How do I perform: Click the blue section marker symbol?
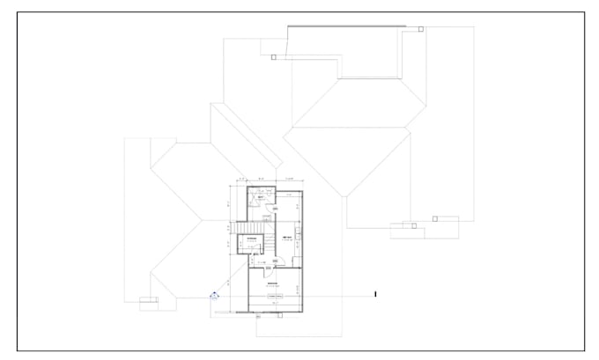[x=213, y=297]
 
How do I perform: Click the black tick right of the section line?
[x=375, y=294]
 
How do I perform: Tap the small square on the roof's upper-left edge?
[x=274, y=57]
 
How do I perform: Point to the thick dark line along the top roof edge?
[x=347, y=26]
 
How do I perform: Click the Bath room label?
[x=262, y=197]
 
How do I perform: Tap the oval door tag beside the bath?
[x=275, y=209]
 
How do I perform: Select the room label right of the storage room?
[x=287, y=239]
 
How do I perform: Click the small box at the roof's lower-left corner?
[x=150, y=301]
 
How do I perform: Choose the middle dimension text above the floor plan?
[x=262, y=179]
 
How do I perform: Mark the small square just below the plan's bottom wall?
[x=258, y=317]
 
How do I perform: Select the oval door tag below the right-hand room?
[x=275, y=261]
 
